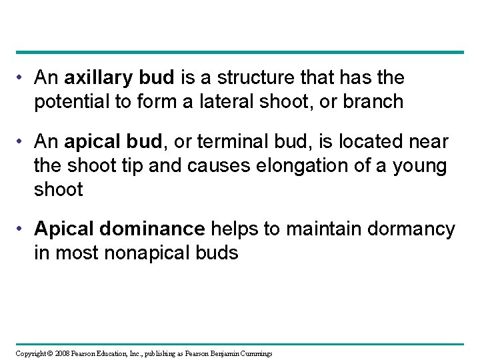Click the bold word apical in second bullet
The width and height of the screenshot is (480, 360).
pyautogui.click(x=91, y=142)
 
